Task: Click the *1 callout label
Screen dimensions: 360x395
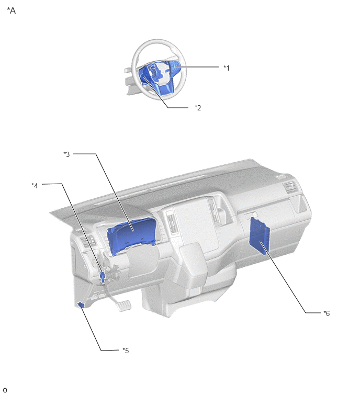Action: (227, 68)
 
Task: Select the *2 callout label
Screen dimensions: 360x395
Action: (198, 108)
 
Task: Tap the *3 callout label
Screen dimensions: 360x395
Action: (66, 154)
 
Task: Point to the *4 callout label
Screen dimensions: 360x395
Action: (35, 186)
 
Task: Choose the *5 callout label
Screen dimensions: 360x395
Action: (126, 351)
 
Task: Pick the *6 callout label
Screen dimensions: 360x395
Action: (327, 313)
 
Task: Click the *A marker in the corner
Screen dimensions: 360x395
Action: (12, 10)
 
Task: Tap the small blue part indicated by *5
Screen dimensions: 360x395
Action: (81, 305)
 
